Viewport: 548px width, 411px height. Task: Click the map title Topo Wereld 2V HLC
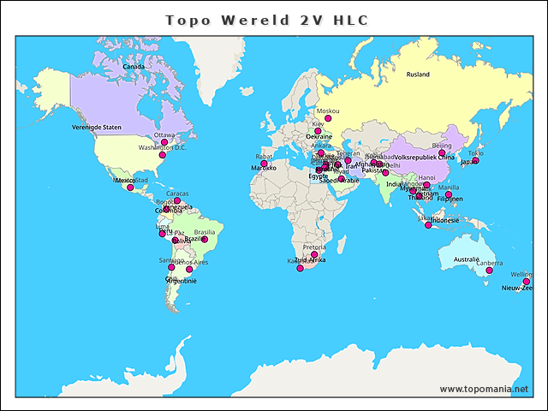[x=267, y=19]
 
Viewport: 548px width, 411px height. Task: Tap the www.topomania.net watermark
[x=484, y=389]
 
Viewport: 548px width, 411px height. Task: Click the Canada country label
[x=134, y=67]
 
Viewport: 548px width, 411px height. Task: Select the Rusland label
[x=418, y=74]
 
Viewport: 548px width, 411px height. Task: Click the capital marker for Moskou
[x=327, y=119]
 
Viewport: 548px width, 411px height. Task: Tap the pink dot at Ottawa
[x=164, y=143]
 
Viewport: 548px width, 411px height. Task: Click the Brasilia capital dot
[x=205, y=240]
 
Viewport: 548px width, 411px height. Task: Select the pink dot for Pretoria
[x=314, y=255]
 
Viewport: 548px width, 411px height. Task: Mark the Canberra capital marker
[x=489, y=271]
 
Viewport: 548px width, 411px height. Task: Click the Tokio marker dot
[x=475, y=161]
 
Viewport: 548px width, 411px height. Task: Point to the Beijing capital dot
[x=442, y=153]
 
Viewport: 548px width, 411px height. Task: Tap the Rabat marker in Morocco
[x=264, y=164]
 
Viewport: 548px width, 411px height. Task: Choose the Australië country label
[x=466, y=259]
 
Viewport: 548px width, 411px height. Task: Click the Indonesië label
[x=444, y=220]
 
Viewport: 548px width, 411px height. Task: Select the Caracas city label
[x=178, y=194]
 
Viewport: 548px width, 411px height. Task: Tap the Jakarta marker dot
[x=428, y=225]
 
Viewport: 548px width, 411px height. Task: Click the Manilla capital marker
[x=448, y=194]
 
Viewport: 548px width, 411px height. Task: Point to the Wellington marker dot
[x=527, y=282]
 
